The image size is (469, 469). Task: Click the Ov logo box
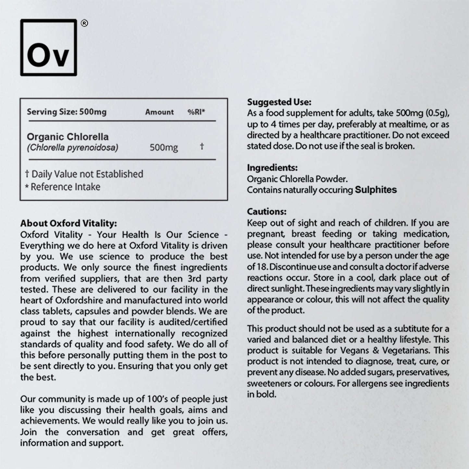48,47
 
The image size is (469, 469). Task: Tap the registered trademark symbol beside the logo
84,23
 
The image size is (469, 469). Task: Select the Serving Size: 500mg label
67,112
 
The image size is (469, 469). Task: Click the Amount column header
159,112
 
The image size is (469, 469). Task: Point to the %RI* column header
196,112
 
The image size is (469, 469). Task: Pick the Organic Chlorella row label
68,137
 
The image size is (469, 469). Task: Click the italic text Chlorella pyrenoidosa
72,148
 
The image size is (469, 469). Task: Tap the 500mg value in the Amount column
164,148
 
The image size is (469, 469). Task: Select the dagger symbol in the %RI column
202,146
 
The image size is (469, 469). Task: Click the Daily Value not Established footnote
84,174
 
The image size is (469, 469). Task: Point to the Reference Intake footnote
63,187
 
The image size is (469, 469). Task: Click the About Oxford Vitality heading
68,223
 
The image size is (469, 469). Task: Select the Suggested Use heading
279,102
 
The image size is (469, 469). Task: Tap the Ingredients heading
272,168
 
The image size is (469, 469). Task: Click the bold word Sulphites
376,190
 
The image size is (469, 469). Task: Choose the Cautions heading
266,212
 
